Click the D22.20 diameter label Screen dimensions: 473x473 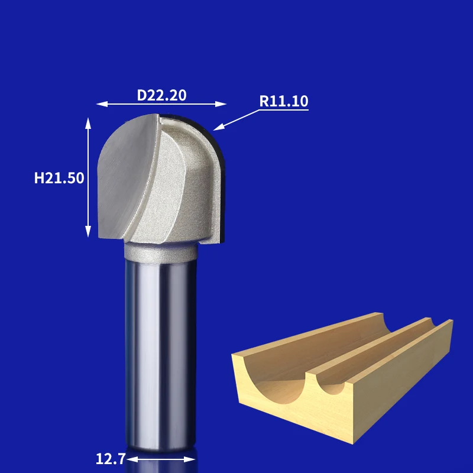[x=161, y=95]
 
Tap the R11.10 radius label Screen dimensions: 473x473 [x=284, y=101]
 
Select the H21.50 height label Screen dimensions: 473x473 [x=59, y=178]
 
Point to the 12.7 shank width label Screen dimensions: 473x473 [x=111, y=459]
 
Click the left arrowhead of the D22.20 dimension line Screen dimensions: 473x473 [x=102, y=104]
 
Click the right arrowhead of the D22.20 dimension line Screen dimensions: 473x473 [x=221, y=104]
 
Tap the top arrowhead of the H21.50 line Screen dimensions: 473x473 [x=88, y=124]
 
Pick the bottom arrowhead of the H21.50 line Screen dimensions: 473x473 [x=88, y=231]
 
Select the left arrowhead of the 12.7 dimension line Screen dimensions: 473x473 [x=132, y=459]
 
